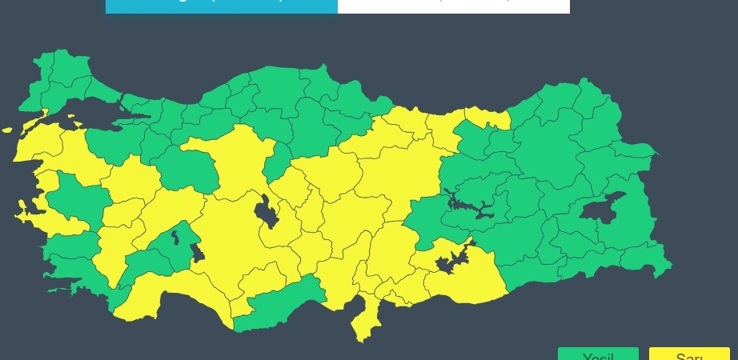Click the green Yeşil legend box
click(x=598, y=354)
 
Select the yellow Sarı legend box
click(x=689, y=354)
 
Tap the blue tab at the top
click(x=222, y=6)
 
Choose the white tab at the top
click(x=454, y=6)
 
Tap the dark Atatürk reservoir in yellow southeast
click(x=448, y=261)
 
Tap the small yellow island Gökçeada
click(x=7, y=130)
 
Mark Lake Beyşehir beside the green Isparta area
click(x=197, y=253)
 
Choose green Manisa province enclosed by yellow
click(x=76, y=196)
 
